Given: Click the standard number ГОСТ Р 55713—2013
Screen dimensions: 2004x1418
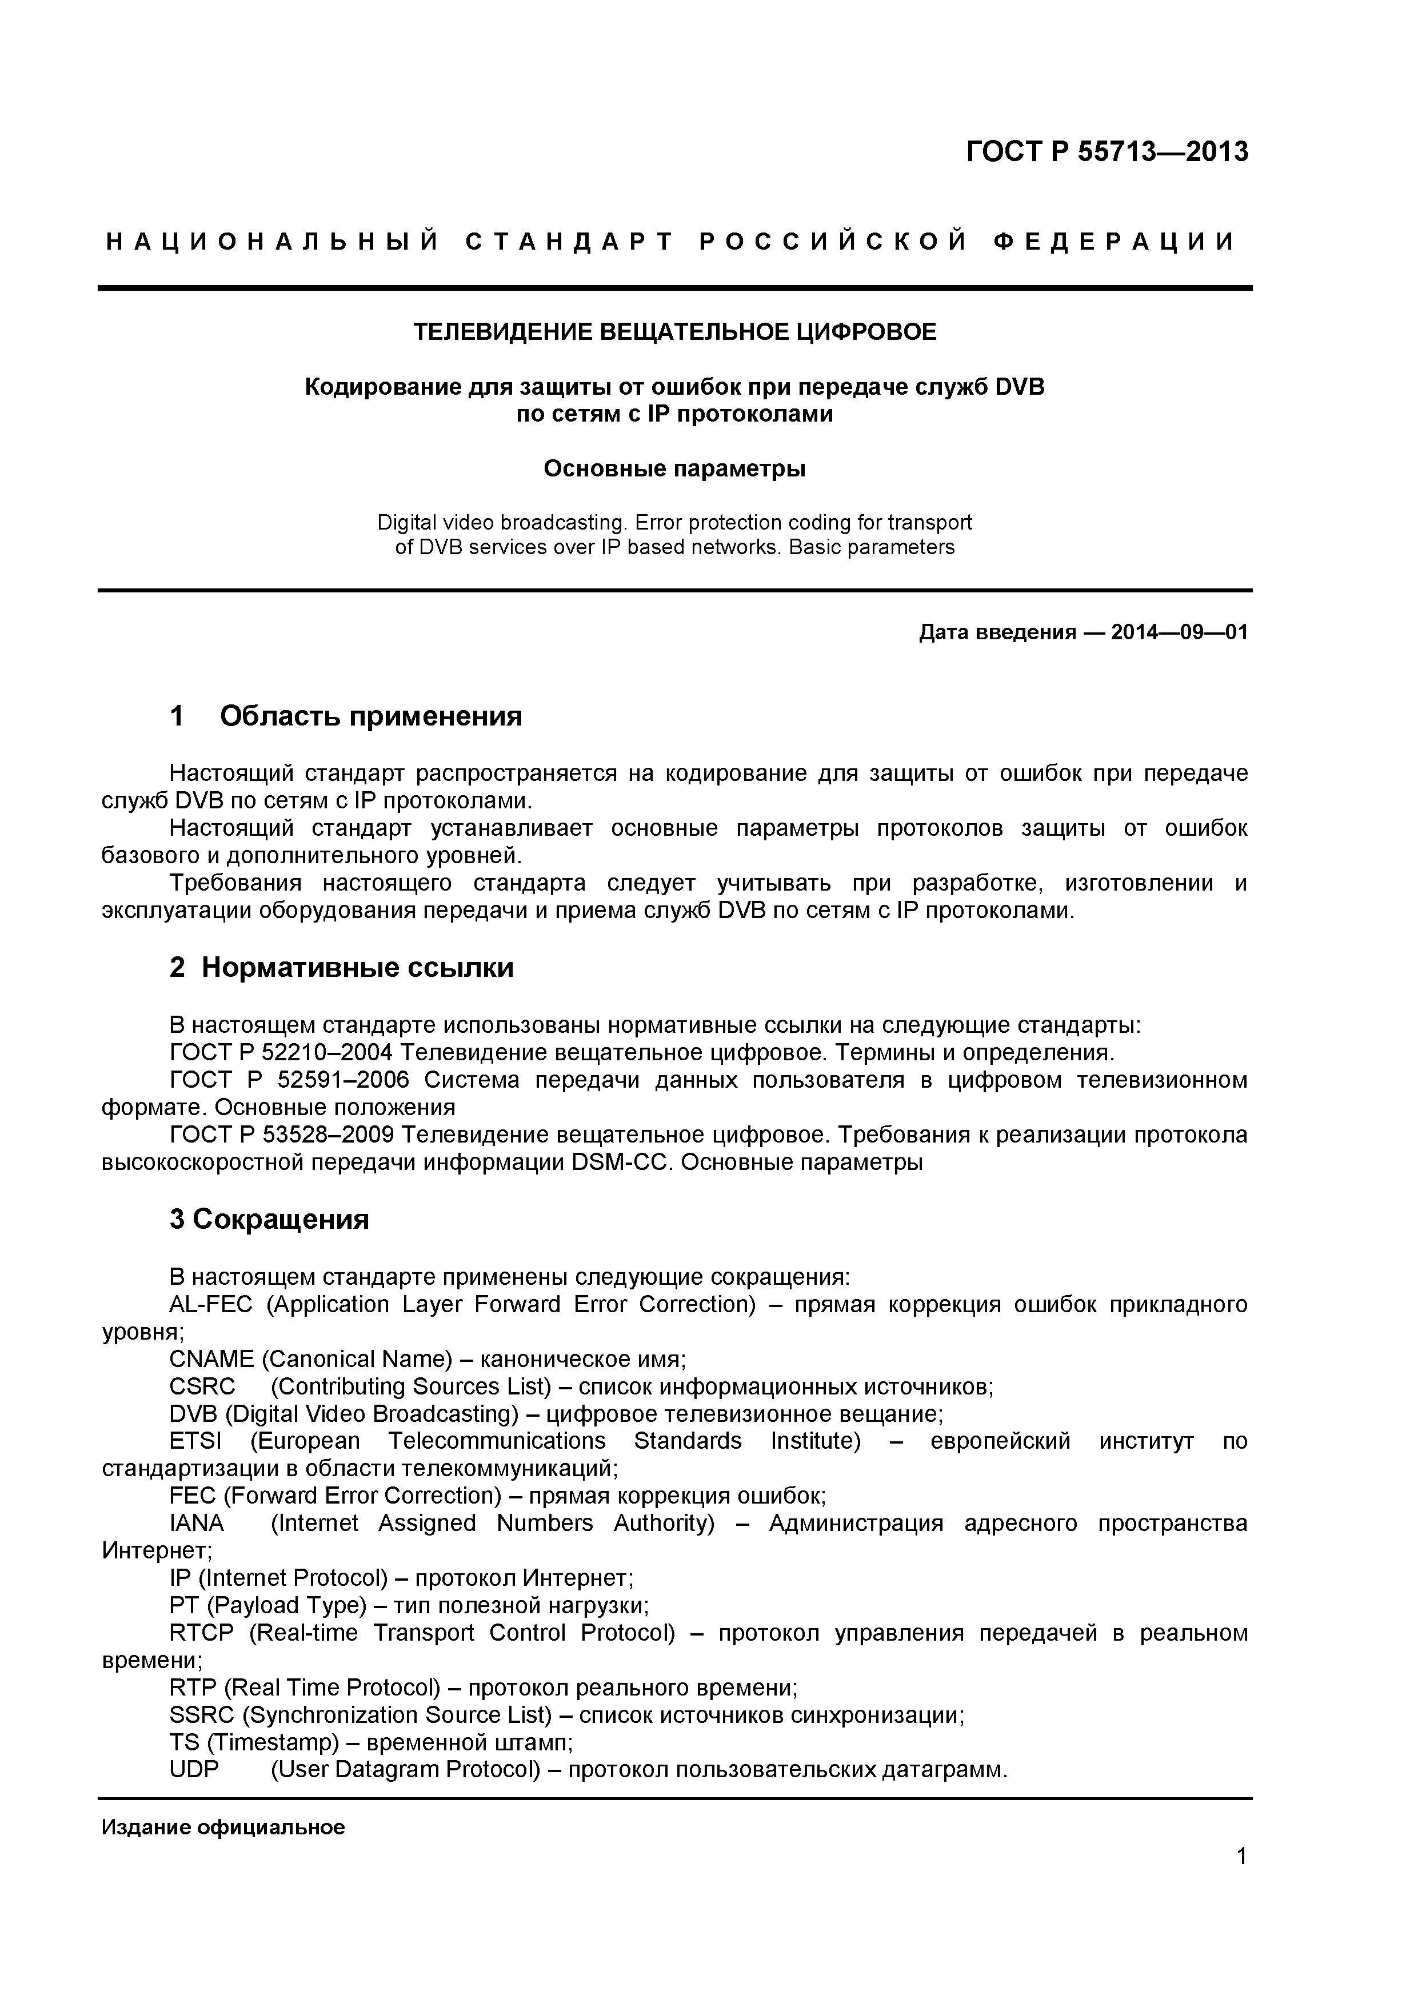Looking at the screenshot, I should [1107, 152].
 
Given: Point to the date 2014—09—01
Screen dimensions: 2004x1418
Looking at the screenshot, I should [1179, 632].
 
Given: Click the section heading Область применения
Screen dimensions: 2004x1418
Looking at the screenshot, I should [370, 716].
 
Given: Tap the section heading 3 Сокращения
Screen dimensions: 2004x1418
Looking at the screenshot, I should [269, 1219].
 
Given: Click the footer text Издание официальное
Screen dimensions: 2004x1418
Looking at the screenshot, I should [223, 1827].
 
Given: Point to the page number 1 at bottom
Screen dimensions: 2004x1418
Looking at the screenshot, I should [1241, 1880].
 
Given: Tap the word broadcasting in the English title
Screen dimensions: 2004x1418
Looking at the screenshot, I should [563, 523].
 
